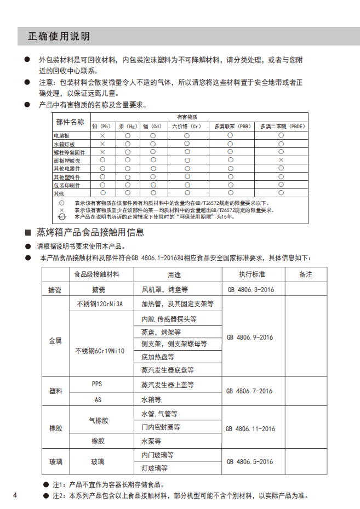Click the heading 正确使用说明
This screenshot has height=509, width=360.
coord(59,37)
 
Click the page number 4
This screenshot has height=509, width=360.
coord(15,496)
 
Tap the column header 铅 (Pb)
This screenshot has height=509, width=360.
coord(102,125)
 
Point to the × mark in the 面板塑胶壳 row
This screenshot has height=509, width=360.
coord(281,159)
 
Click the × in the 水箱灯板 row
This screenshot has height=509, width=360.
coord(102,144)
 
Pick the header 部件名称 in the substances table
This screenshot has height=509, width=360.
coord(71,122)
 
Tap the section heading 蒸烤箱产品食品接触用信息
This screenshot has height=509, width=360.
coord(90,232)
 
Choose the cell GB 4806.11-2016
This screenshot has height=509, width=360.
coord(251,428)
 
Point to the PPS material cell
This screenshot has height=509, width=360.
coord(97,384)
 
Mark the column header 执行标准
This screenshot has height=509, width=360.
coord(252,274)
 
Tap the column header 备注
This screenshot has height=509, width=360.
coord(305,274)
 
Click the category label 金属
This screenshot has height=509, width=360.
coord(55,340)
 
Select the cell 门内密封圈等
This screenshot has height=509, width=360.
coord(161,427)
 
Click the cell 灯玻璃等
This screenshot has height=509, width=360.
coord(155,468)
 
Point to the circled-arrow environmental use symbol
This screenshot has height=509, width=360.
coord(62,216)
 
